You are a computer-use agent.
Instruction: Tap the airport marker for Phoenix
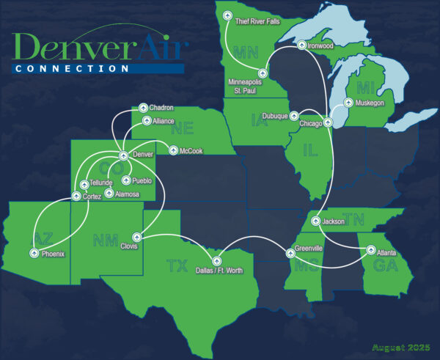pyautogui.click(x=34, y=253)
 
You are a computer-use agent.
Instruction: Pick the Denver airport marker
pyautogui.click(x=122, y=155)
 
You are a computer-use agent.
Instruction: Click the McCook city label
pyautogui.click(x=188, y=152)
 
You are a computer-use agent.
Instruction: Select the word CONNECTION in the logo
pyautogui.click(x=70, y=68)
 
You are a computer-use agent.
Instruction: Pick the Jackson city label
pyautogui.click(x=333, y=221)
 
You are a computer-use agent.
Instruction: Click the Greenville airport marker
pyautogui.click(x=291, y=253)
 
